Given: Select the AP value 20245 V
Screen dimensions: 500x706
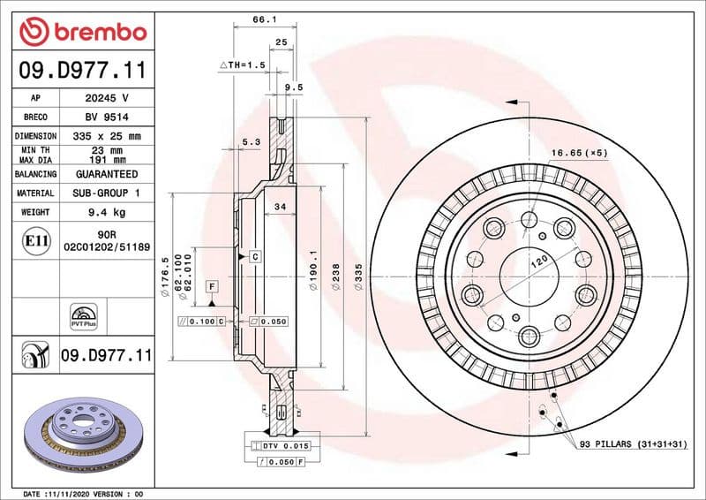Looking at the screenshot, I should pyautogui.click(x=107, y=98).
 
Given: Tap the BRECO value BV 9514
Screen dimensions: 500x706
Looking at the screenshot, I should pyautogui.click(x=107, y=117).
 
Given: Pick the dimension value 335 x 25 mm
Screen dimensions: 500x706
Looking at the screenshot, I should pyautogui.click(x=107, y=136).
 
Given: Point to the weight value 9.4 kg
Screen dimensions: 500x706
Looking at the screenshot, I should pyautogui.click(x=107, y=212).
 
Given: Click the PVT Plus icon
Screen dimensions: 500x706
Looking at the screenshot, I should pyautogui.click(x=82, y=317).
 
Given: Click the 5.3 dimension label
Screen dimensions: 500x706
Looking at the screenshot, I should pyautogui.click(x=251, y=142).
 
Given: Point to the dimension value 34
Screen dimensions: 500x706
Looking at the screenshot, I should pyautogui.click(x=280, y=207).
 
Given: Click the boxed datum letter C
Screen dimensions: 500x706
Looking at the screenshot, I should pyautogui.click(x=254, y=256).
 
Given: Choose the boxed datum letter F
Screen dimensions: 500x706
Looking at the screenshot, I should pyautogui.click(x=213, y=286).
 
